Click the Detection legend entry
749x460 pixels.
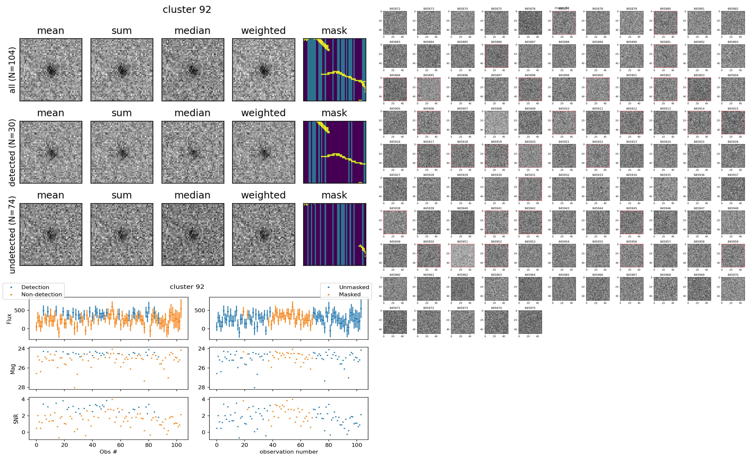(x=35, y=287)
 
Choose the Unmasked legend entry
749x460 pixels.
(x=354, y=287)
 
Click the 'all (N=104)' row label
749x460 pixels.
(x=12, y=70)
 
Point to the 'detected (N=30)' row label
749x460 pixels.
(x=12, y=152)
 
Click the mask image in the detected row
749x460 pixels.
(x=334, y=152)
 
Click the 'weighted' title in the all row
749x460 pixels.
(x=263, y=31)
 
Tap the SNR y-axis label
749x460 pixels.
(x=16, y=419)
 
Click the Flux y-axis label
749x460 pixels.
(x=9, y=318)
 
